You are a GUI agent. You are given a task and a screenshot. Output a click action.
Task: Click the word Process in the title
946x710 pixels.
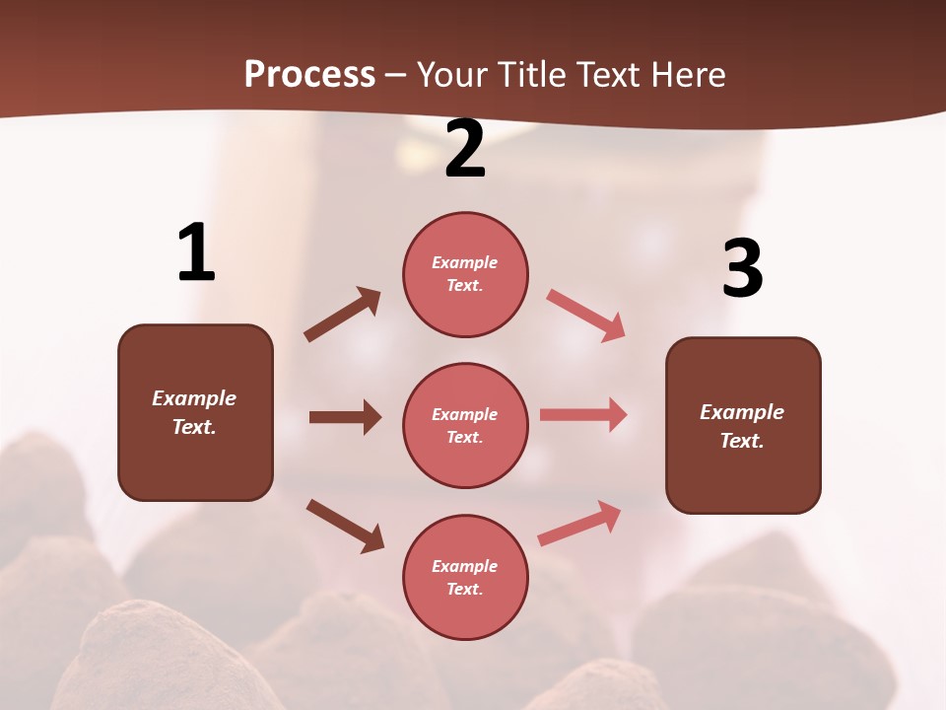coord(309,75)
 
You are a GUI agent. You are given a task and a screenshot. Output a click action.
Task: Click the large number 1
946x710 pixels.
coord(196,252)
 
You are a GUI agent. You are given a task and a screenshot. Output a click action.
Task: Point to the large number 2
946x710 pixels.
coord(465,149)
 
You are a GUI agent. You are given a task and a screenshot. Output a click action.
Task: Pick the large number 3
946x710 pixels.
coord(742,269)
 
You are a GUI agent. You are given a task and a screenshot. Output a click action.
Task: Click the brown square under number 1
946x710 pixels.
coord(195,412)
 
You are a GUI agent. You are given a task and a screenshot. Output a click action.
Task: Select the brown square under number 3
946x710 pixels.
coord(743,425)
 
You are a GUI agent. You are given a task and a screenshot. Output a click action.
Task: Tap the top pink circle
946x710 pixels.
coord(465,274)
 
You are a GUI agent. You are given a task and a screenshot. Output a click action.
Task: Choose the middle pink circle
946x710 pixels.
coord(465,425)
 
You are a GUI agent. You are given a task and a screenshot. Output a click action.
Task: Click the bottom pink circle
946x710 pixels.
coord(465,577)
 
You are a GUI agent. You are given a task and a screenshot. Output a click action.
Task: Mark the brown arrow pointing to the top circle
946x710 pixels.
coord(342,315)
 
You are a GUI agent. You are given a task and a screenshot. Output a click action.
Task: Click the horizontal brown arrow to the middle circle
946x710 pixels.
coord(345,417)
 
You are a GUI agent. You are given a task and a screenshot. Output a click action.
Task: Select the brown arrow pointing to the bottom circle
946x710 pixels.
coord(345,526)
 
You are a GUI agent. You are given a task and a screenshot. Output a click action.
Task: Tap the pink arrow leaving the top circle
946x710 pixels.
coord(586,316)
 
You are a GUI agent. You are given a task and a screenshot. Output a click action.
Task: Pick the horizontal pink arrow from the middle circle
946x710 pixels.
coord(583,415)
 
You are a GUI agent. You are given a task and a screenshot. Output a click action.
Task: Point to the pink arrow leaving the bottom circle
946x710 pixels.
coord(579,523)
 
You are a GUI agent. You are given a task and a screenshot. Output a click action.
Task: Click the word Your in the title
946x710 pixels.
coord(454,75)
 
